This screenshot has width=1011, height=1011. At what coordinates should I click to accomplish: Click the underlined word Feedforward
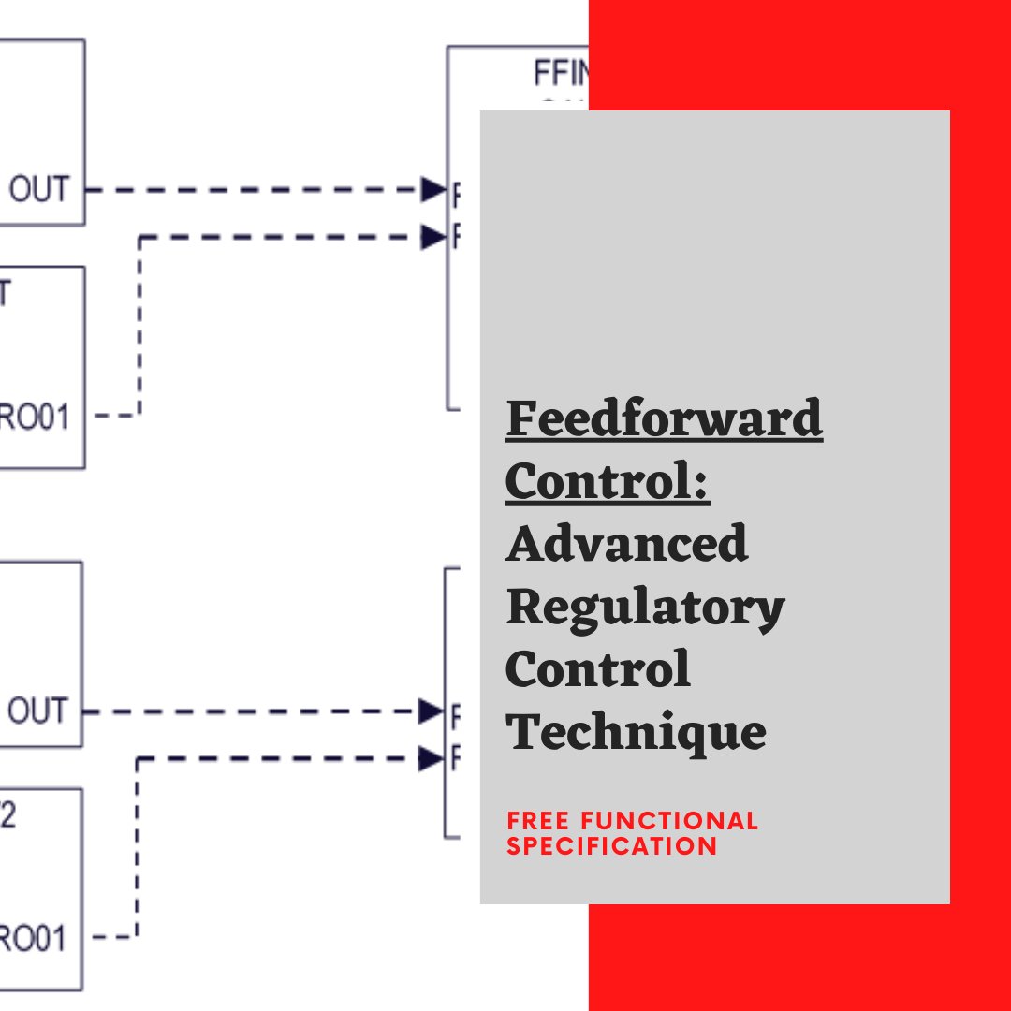point(664,420)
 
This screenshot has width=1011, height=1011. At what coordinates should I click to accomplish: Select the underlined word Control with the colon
point(608,482)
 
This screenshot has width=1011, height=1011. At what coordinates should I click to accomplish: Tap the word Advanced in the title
point(627,544)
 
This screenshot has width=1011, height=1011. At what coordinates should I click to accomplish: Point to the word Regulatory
point(645,608)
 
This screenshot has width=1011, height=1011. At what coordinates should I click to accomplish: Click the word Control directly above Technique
point(597,669)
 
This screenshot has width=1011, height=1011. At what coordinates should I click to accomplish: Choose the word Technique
point(636,731)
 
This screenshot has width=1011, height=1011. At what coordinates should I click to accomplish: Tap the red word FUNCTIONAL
point(670,822)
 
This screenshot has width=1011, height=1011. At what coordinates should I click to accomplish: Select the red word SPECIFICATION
point(612,845)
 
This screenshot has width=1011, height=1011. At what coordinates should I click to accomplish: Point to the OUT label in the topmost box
point(39,190)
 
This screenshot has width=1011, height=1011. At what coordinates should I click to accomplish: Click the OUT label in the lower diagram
point(38,711)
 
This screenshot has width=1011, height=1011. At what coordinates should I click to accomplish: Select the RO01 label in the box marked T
point(35,417)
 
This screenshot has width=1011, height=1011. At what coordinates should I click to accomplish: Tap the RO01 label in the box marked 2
point(34,937)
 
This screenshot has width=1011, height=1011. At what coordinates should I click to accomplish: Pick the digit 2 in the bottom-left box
point(7,815)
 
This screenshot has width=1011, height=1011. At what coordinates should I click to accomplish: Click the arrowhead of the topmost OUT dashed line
point(433,190)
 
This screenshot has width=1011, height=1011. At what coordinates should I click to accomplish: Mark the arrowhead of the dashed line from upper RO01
point(433,237)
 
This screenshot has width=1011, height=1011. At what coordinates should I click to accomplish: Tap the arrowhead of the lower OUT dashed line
point(431,711)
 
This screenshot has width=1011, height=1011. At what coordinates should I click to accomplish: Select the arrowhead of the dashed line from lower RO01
point(431,758)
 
